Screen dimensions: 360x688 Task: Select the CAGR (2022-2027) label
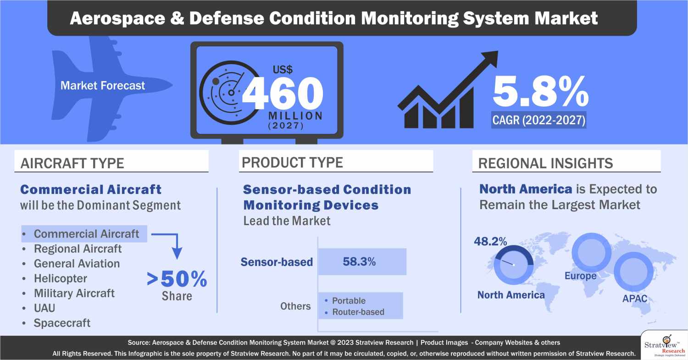[x=538, y=121]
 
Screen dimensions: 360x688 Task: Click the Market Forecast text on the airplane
[x=103, y=85]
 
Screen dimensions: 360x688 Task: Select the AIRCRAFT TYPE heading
[x=72, y=163]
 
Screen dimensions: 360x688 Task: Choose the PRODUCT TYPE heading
[x=292, y=162]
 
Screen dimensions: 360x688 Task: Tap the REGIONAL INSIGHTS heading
[x=545, y=163]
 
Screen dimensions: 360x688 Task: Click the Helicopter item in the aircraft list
[x=60, y=278]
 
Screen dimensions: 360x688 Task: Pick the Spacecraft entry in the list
[x=62, y=323]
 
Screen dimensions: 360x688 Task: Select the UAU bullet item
[x=44, y=308]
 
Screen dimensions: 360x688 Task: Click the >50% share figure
[x=177, y=279]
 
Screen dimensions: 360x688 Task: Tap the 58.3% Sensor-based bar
[x=362, y=262]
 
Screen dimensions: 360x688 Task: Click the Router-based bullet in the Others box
[x=358, y=312]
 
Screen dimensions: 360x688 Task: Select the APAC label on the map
[x=635, y=299]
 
